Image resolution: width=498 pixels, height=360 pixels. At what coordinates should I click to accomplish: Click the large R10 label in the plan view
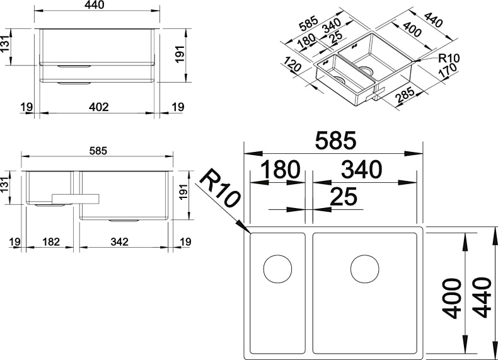[220, 189]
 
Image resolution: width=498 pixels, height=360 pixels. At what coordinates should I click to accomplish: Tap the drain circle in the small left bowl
[277, 269]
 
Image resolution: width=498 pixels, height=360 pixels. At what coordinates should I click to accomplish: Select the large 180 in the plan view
[278, 170]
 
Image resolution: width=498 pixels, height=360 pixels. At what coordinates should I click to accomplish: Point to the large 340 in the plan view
[361, 170]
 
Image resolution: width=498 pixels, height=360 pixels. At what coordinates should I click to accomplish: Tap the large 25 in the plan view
[344, 197]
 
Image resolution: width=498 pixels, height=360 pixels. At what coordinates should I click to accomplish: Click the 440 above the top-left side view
[98, 5]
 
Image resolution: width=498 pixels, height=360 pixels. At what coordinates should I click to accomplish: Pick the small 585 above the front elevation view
[98, 151]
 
